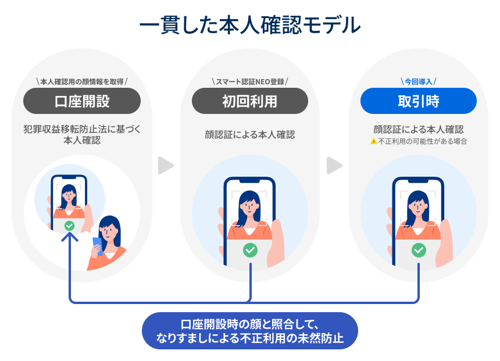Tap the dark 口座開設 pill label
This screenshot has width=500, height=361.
coord(82,101)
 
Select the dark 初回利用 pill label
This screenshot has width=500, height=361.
coord(250,101)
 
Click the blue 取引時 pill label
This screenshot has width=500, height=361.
coord(418,101)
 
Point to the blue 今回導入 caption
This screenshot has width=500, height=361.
coord(418,81)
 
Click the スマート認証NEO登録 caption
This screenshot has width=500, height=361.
coord(250,81)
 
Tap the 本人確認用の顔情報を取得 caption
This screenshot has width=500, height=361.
coord(82,81)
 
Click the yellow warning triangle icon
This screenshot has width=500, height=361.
coord(374,141)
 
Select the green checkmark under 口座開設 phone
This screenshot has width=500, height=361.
coord(70,226)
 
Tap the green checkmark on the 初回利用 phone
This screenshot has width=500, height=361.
coord(250,250)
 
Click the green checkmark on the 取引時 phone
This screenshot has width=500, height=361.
coord(419,250)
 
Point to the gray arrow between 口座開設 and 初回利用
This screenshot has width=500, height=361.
coord(166,166)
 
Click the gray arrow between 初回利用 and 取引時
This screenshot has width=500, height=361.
coord(334,166)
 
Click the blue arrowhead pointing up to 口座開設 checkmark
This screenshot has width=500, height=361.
coord(70,240)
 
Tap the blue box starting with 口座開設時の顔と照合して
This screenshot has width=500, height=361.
coord(250,331)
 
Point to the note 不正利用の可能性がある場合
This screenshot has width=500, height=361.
coord(423,141)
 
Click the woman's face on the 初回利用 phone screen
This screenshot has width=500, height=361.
coord(250,204)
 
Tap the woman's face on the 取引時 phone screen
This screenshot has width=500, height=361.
coord(419,204)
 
